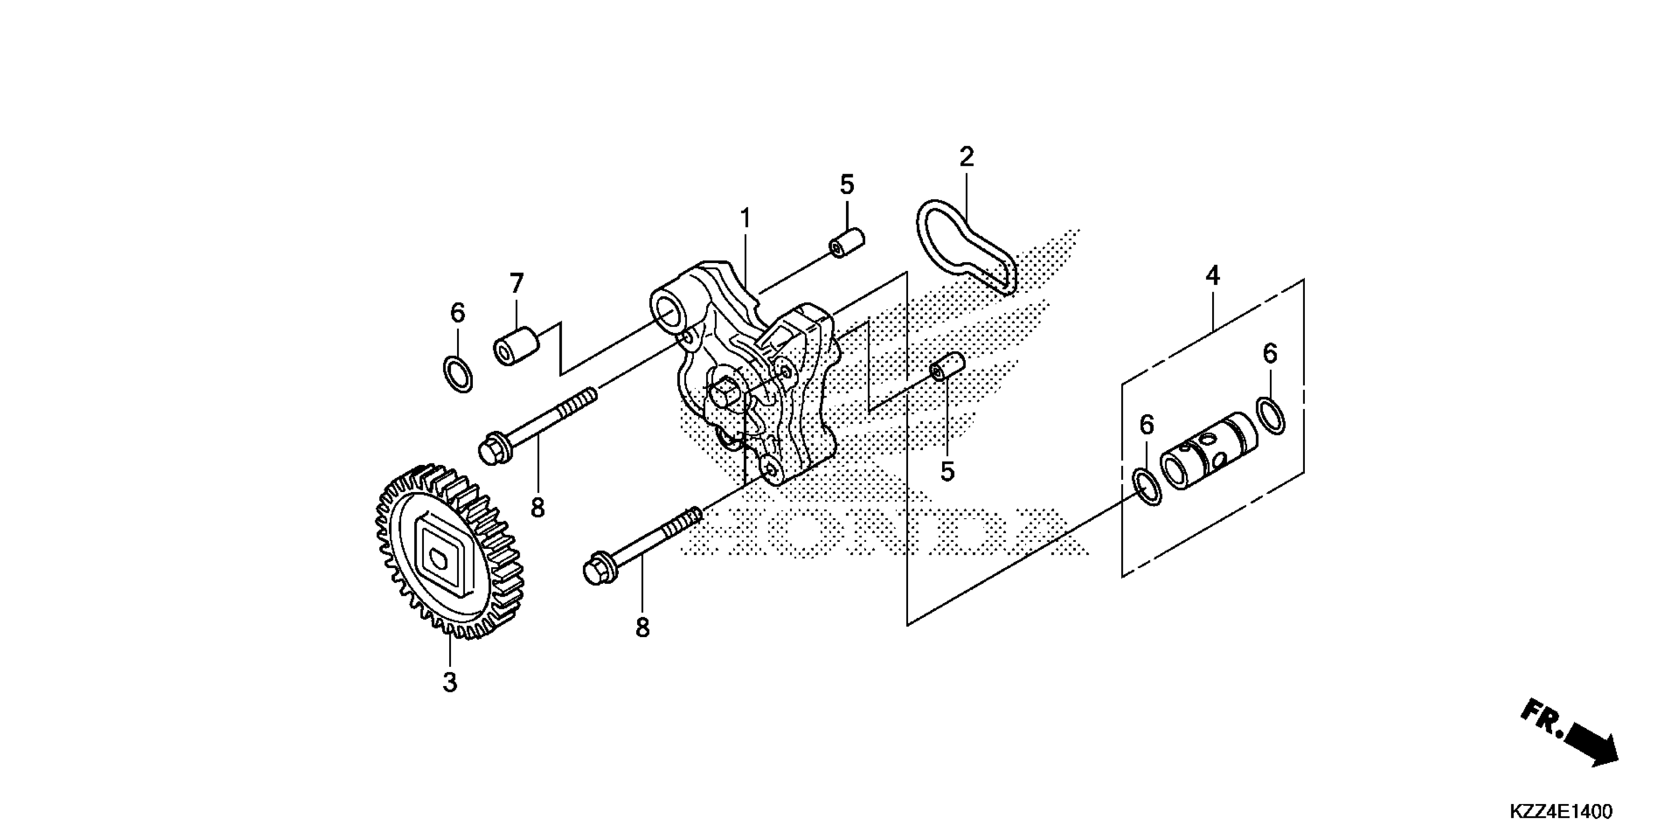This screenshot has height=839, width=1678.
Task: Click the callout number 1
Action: pyautogui.click(x=745, y=218)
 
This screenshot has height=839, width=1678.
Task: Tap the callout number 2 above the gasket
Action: pyautogui.click(x=966, y=157)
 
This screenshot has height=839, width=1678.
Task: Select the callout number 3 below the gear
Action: pyautogui.click(x=450, y=683)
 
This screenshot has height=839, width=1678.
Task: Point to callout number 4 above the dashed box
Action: pyautogui.click(x=1212, y=276)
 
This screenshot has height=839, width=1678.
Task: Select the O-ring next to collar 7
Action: pyautogui.click(x=458, y=375)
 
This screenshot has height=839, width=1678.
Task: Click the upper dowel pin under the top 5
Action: pyautogui.click(x=846, y=242)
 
